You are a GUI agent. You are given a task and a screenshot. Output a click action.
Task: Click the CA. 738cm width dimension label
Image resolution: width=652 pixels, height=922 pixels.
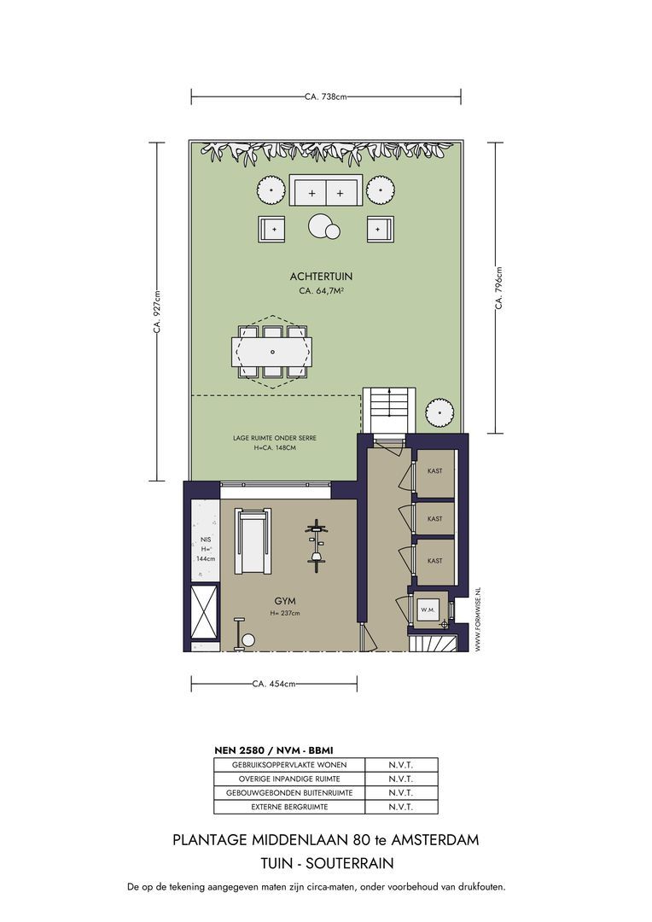coord(325,97)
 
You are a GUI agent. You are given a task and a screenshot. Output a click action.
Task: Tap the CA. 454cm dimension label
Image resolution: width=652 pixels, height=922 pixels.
coord(274,684)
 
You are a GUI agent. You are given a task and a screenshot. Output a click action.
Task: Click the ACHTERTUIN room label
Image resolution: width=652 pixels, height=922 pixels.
coord(321,276)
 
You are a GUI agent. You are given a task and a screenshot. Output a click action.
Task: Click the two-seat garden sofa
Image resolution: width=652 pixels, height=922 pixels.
coord(325,191)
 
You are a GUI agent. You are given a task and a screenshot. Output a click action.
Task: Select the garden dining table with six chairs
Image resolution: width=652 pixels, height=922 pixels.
coord(272,351)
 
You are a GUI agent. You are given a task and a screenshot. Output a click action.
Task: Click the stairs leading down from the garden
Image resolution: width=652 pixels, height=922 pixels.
coord(390,410)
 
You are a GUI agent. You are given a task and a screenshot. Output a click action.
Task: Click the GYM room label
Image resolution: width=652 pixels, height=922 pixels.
coord(285,600)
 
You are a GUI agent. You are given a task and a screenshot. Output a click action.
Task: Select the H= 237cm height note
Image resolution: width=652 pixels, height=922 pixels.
coord(285,614)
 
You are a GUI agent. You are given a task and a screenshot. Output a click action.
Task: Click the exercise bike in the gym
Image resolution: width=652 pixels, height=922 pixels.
coord(317,544)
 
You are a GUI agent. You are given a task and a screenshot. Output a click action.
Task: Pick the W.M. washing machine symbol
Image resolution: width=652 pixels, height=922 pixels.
coord(428,610)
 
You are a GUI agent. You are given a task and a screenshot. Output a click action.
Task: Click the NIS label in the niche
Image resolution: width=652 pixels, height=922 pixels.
coord(205,539)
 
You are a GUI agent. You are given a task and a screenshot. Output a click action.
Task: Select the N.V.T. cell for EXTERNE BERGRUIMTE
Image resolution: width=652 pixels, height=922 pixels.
coord(400,807)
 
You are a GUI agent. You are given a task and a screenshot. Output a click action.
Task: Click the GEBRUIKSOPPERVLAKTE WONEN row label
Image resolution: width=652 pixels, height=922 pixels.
coord(289,765)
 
